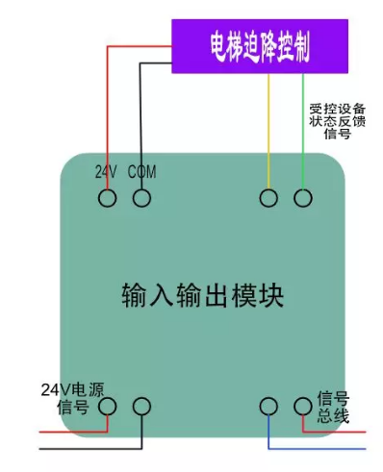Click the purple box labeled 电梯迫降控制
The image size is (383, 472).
[260, 45]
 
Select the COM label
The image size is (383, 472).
[141, 172]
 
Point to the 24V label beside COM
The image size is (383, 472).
[106, 172]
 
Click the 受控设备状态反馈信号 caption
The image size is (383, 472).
[330, 121]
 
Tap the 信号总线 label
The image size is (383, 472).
[333, 408]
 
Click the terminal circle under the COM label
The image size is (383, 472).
[141, 198]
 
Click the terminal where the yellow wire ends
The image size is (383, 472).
[268, 198]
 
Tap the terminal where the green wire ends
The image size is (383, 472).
[303, 198]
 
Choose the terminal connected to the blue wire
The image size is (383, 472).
[268, 407]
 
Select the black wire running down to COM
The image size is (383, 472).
[141, 115]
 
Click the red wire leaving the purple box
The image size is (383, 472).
[106, 115]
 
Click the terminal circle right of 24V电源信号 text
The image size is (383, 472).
[107, 407]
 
